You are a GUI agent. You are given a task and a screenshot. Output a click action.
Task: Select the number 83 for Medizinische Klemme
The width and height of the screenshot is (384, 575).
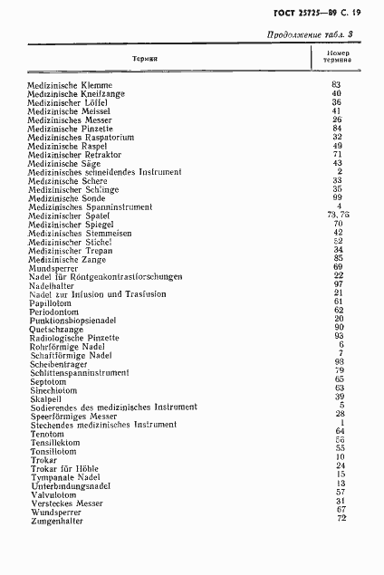coord(336,85)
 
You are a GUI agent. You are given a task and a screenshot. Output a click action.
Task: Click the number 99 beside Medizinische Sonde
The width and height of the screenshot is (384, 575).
coord(336,197)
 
